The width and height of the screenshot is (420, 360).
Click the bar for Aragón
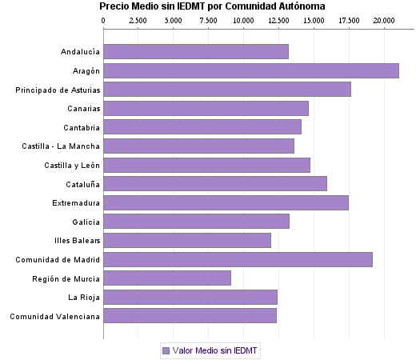pos(250,70)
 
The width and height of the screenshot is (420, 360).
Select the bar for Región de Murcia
pos(166,278)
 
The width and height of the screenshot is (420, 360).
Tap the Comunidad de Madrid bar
pos(238,259)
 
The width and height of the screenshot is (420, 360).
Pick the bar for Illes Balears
pos(187,240)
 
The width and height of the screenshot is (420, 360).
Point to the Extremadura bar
pos(226,202)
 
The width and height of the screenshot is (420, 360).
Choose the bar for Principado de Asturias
pos(226,90)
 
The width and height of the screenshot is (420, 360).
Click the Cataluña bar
pos(214,183)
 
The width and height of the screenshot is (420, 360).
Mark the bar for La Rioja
pos(190,297)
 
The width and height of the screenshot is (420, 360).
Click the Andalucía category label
pos(80,52)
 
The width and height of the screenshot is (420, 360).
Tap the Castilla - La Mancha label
pos(62,146)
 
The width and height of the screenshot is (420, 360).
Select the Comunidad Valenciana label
pos(54,317)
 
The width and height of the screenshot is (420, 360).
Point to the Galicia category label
pos(86,222)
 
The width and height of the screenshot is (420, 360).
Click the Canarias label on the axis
pos(82,109)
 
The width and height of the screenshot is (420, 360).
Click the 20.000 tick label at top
pos(383,19)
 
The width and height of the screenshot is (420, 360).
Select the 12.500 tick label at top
pos(278,19)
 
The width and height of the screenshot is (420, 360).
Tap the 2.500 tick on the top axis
pos(138,19)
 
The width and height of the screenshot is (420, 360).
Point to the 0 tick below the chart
pos(103,334)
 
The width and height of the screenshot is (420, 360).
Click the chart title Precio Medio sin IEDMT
pos(212,6)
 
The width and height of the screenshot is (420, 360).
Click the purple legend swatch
pos(166,350)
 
